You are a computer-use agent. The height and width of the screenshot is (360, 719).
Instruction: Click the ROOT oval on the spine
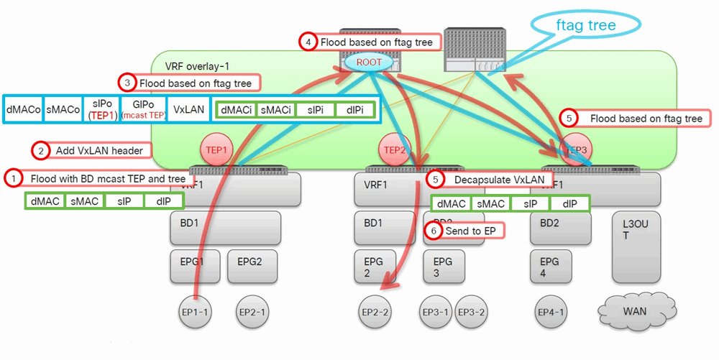(x=369, y=63)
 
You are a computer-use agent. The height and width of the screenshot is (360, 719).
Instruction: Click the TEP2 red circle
(x=394, y=150)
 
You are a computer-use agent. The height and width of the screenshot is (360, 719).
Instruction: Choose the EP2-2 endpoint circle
(x=376, y=311)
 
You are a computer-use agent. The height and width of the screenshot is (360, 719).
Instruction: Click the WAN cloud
(x=635, y=311)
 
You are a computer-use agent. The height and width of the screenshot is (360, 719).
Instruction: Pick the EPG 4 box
(x=549, y=267)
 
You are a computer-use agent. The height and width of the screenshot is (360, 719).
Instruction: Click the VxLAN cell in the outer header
(x=188, y=110)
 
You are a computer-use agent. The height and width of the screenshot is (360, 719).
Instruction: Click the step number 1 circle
(x=12, y=177)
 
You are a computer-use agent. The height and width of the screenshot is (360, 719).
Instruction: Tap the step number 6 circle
(x=434, y=231)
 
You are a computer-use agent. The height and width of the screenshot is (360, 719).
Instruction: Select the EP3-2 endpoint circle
(x=472, y=311)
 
